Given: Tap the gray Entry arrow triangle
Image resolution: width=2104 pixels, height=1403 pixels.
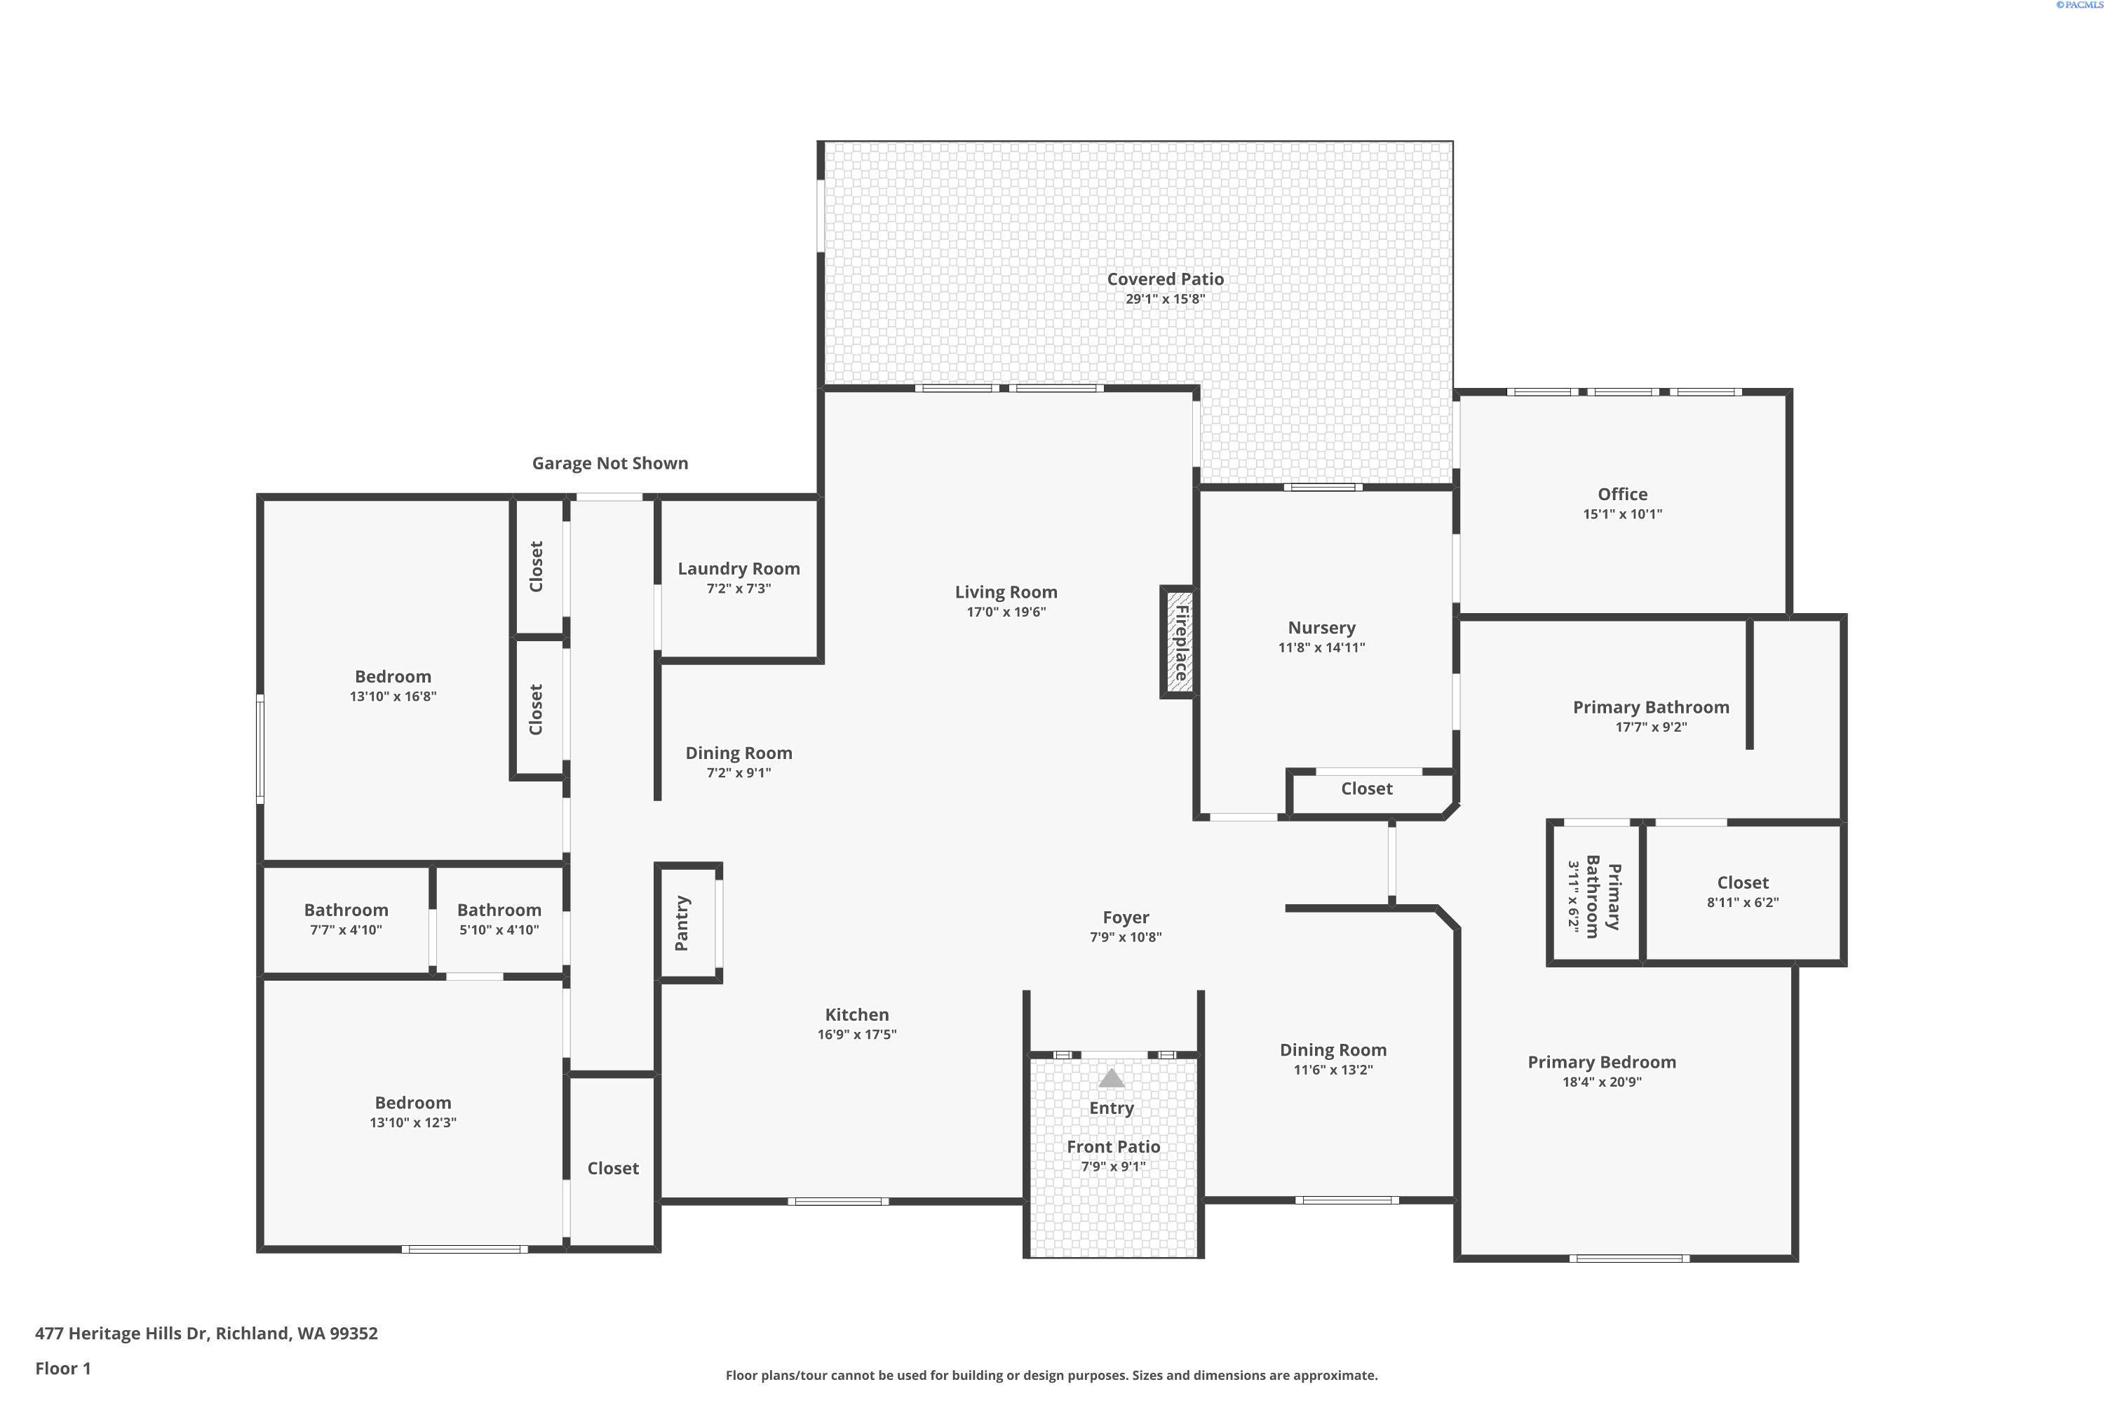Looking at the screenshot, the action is (1111, 1078).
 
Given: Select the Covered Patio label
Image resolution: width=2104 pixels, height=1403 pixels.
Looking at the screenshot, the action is (1165, 279).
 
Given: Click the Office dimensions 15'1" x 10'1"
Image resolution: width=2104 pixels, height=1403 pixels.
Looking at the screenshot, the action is (1621, 513).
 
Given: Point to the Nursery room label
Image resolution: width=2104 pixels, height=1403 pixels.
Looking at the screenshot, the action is (1321, 628).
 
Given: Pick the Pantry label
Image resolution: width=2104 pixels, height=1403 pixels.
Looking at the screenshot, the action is (682, 922).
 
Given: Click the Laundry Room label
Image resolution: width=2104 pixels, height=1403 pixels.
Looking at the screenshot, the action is (739, 569).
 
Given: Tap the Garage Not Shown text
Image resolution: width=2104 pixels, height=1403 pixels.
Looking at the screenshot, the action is (610, 464).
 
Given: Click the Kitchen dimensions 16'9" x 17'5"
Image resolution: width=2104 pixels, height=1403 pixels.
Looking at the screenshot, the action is (856, 1034).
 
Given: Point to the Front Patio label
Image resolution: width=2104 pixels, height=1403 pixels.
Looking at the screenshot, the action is (1113, 1147).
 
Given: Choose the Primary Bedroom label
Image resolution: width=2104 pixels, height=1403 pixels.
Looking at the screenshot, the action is (1601, 1062).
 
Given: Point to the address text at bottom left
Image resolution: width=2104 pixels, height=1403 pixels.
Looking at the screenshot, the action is (207, 1334).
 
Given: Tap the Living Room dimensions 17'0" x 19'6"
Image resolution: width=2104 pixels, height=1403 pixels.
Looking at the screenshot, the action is (1006, 612).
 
